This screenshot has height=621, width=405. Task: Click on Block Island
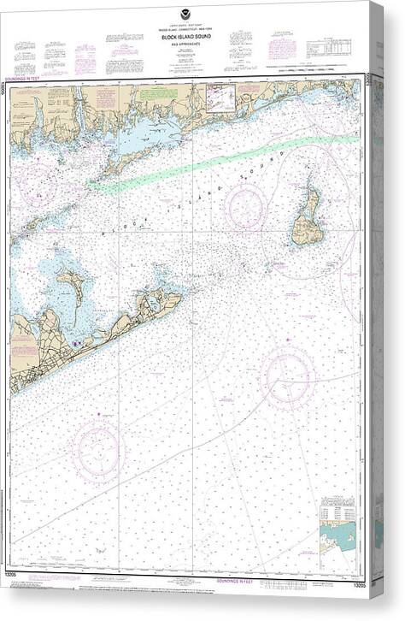click(x=306, y=219)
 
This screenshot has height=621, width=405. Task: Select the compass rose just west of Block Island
click(x=246, y=207)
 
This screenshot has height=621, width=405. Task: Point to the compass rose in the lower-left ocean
click(x=98, y=448)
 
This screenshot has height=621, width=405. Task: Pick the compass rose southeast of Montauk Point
click(x=287, y=376)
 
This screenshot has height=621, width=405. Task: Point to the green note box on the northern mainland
click(x=155, y=92)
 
